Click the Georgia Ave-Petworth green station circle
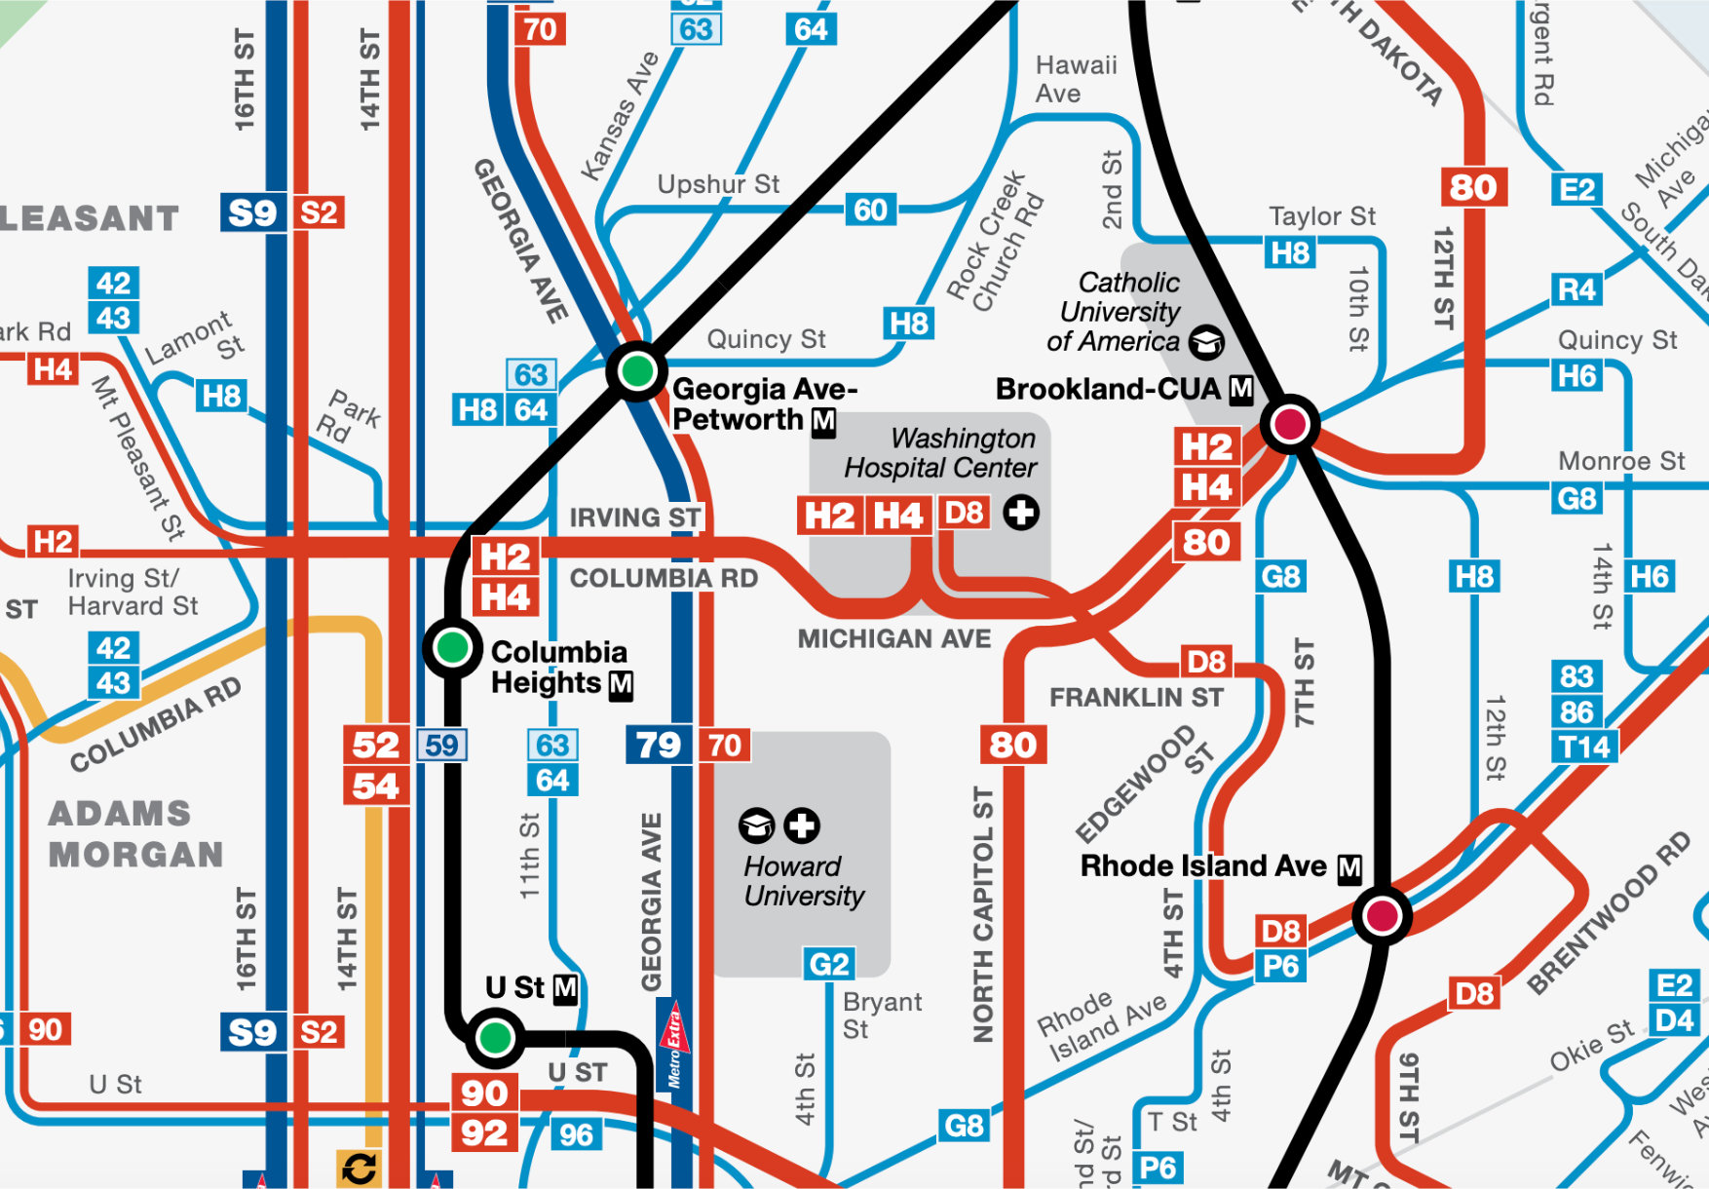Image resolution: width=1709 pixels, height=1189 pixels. tap(637, 370)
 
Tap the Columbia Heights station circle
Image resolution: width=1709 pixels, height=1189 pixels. tap(452, 647)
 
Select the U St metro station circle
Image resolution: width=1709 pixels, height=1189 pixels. tap(495, 1037)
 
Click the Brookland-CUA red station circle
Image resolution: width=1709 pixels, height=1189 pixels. tap(1290, 424)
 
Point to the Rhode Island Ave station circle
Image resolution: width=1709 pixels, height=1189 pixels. tap(1382, 915)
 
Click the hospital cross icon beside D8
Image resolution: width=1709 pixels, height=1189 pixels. tap(1021, 513)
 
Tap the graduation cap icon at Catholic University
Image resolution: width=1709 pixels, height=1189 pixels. tap(1206, 342)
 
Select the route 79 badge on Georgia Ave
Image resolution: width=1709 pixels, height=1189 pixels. tap(659, 746)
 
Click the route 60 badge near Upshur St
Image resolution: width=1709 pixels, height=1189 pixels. tap(870, 210)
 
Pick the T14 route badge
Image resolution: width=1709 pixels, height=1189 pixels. tap(1584, 748)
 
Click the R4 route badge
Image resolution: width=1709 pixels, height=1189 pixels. tap(1576, 289)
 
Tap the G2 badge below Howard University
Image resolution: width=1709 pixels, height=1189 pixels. tap(829, 964)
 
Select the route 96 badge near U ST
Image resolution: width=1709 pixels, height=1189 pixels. tap(576, 1134)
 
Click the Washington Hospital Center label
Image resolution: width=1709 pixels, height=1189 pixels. tap(939, 453)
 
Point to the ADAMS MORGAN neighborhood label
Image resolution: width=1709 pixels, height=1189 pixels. tap(135, 834)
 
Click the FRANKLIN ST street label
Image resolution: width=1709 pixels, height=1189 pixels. tap(1136, 698)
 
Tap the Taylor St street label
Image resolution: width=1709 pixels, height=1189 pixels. tap(1321, 216)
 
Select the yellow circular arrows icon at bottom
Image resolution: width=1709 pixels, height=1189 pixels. tap(359, 1169)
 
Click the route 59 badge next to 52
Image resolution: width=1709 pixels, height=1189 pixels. tap(441, 746)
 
